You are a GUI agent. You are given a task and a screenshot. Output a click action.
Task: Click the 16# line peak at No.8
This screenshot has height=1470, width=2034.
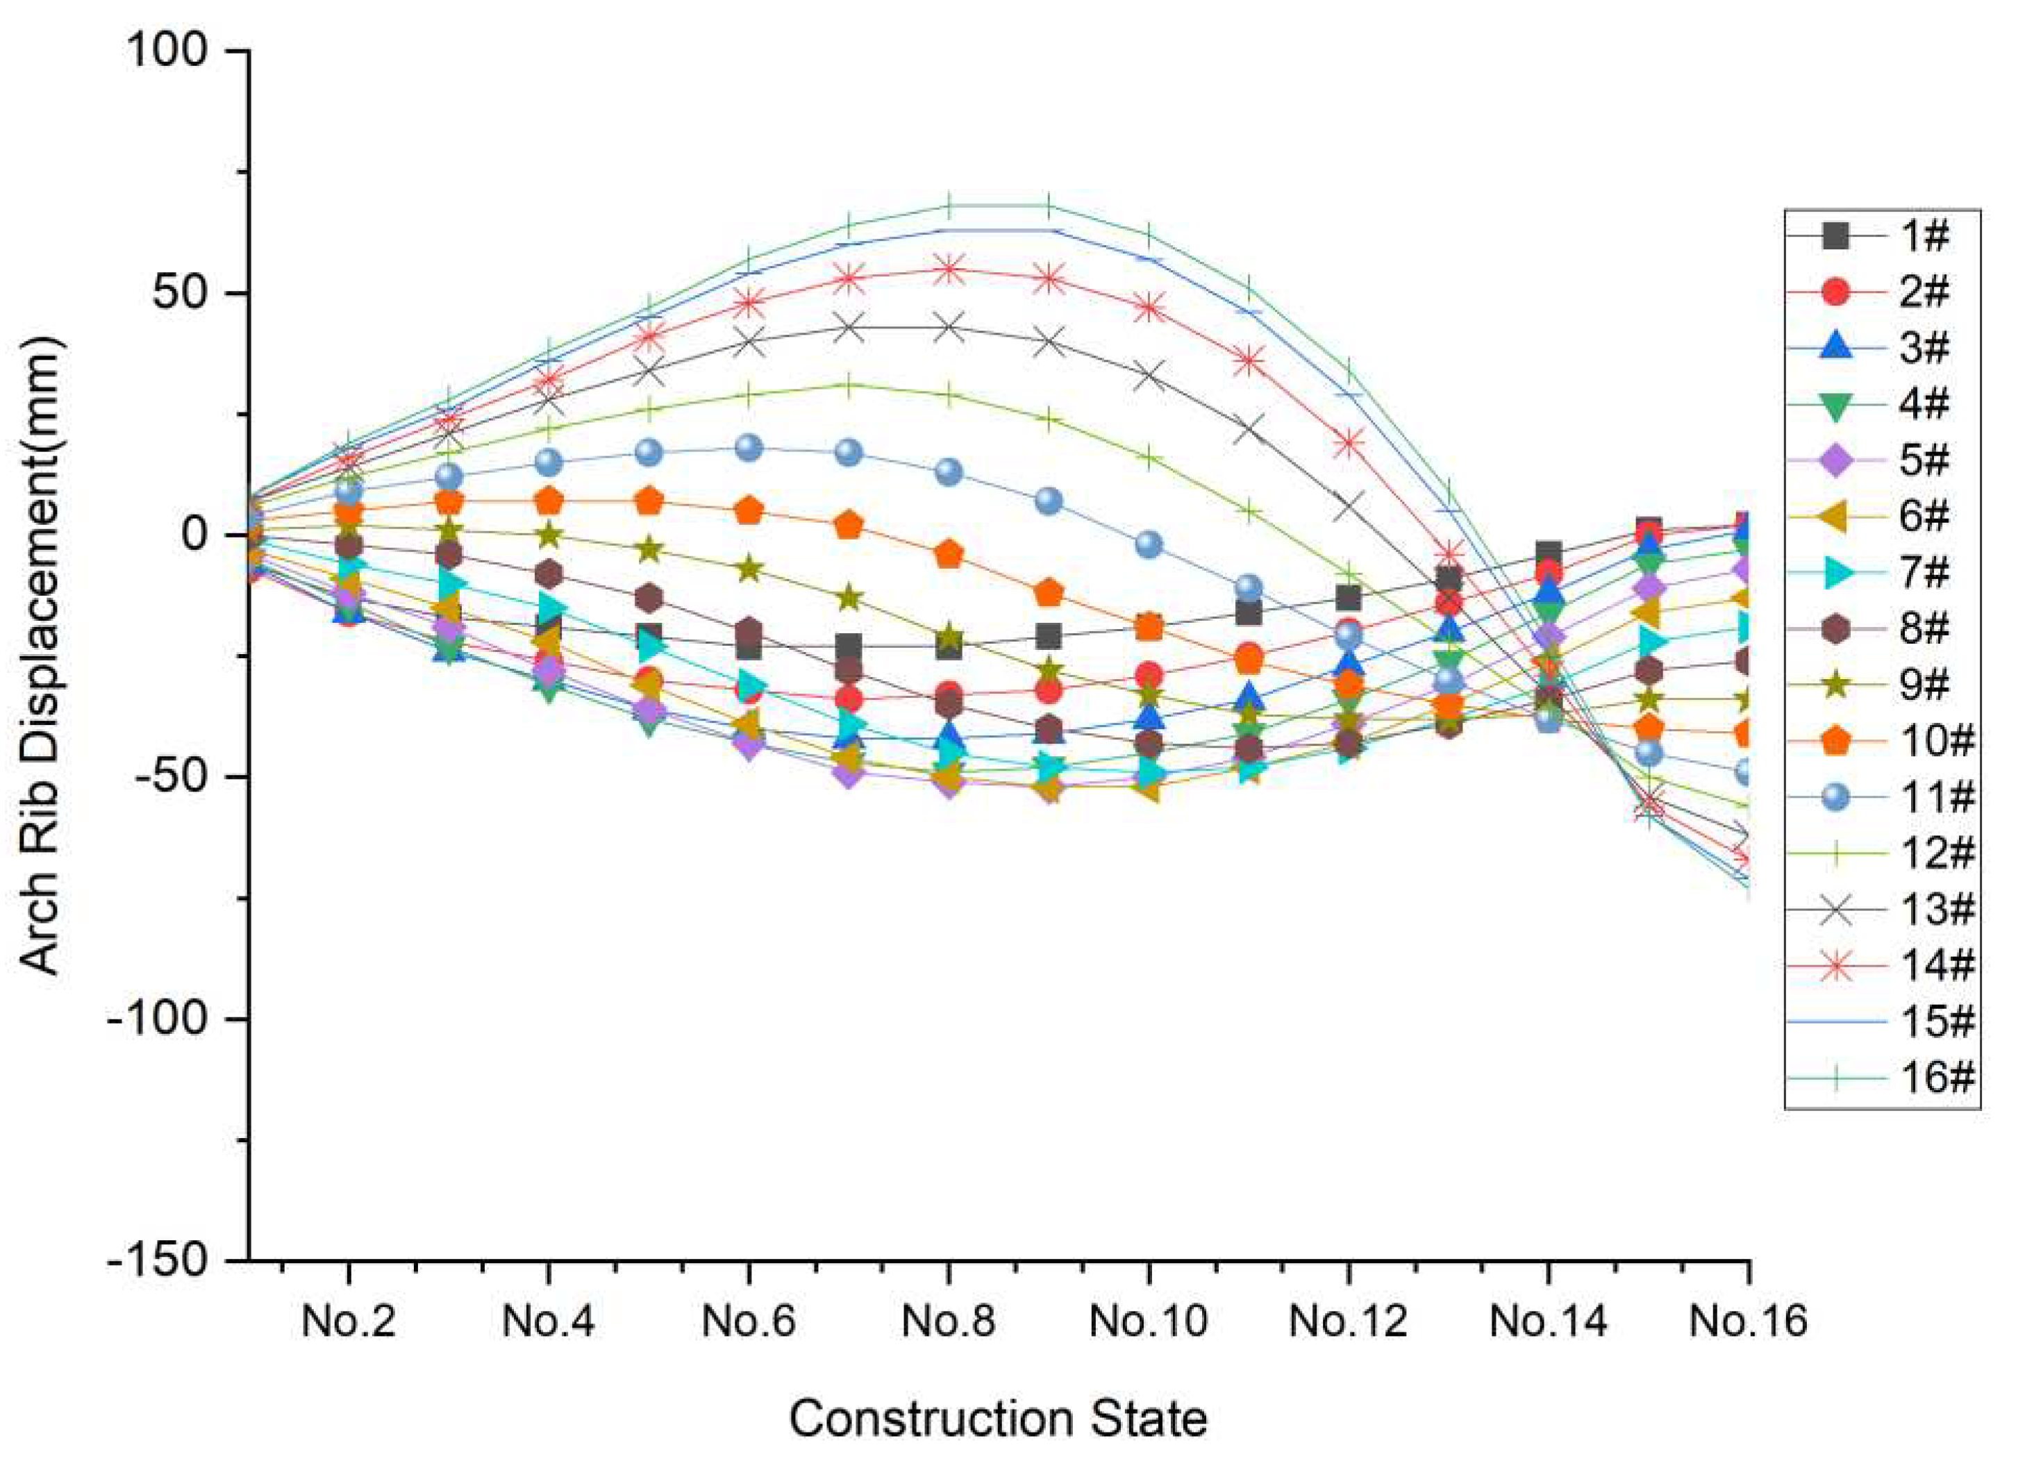click(x=949, y=206)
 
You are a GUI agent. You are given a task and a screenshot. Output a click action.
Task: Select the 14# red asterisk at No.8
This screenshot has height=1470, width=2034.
click(x=949, y=269)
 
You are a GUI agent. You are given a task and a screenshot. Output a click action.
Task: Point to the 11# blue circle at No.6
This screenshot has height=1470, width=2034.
click(x=749, y=449)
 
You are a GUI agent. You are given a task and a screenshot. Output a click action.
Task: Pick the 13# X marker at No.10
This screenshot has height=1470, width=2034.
click(x=1149, y=376)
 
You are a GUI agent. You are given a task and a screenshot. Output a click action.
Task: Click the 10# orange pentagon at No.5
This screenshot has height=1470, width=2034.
click(x=649, y=501)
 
